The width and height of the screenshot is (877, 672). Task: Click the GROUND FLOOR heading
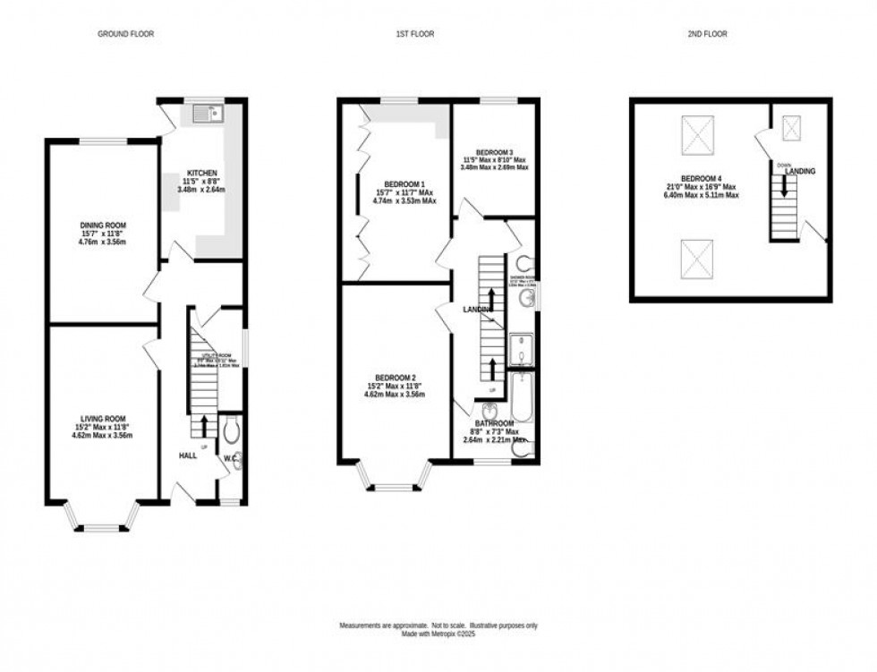click(125, 34)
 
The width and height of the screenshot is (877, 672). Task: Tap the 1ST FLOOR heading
click(415, 34)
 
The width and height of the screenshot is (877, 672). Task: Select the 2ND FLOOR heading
click(707, 34)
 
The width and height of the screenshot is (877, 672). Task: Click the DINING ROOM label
click(91, 225)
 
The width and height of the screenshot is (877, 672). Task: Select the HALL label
click(188, 455)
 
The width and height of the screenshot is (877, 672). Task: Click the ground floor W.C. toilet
click(230, 432)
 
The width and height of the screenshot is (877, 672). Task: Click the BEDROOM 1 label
click(395, 183)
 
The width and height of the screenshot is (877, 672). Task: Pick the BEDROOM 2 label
click(395, 377)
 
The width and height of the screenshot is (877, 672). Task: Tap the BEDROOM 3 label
click(494, 152)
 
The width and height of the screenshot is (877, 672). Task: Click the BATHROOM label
click(494, 423)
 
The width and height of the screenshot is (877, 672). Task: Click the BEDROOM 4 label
click(698, 179)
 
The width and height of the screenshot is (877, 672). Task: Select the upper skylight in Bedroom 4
click(698, 135)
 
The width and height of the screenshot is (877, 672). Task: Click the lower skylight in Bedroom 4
click(698, 258)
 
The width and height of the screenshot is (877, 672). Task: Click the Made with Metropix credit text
click(438, 634)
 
